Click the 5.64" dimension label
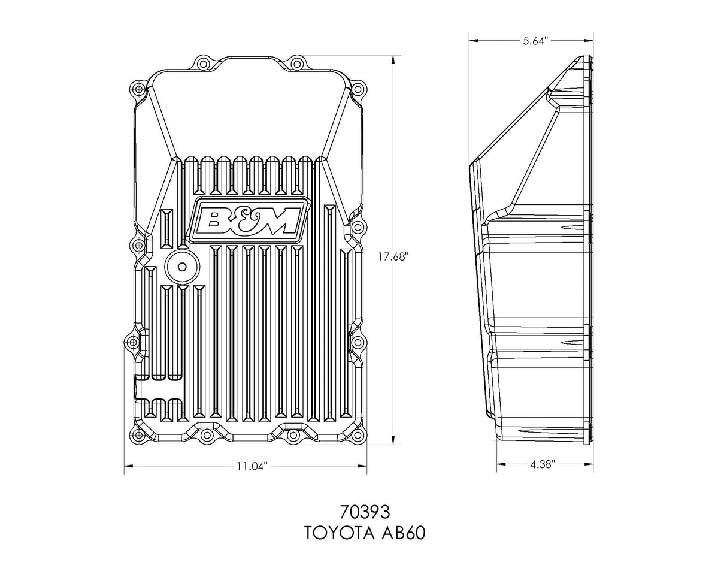532,40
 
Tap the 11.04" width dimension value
246,466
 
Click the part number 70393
365,513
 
